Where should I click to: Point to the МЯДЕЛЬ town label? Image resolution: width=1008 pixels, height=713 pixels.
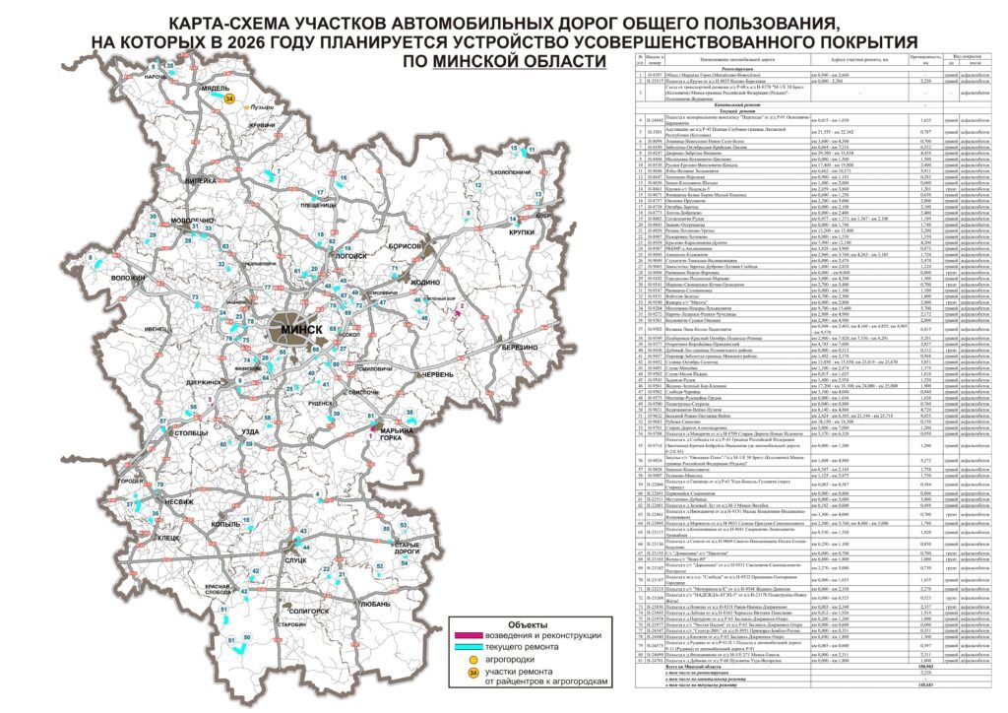pyautogui.click(x=215, y=88)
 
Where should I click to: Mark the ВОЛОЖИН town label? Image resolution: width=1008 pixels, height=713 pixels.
pyautogui.click(x=128, y=279)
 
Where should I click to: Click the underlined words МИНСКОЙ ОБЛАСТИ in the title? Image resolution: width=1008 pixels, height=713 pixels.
pyautogui.click(x=518, y=61)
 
